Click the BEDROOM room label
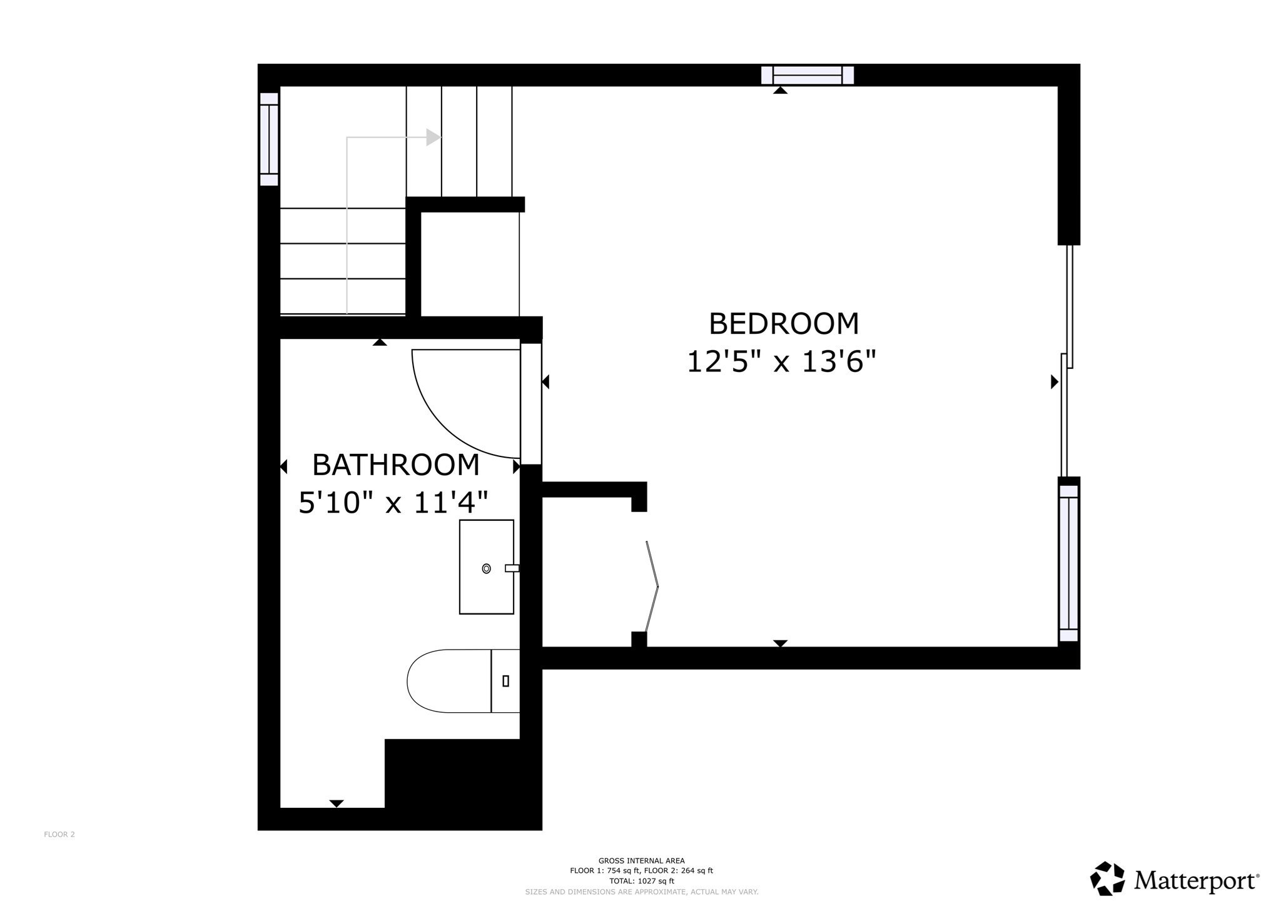[784, 324]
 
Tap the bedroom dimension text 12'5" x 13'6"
[781, 361]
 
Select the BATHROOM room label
[396, 465]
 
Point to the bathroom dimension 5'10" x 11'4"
[393, 502]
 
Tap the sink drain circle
[486, 568]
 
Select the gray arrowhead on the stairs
[433, 138]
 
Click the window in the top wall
[807, 75]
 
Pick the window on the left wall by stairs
[269, 139]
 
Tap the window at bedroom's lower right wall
[1068, 563]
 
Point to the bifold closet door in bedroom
[652, 586]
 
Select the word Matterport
[1195, 881]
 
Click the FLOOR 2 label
[59, 834]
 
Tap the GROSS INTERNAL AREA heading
[641, 861]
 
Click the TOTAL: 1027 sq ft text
[641, 881]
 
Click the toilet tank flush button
[505, 681]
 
